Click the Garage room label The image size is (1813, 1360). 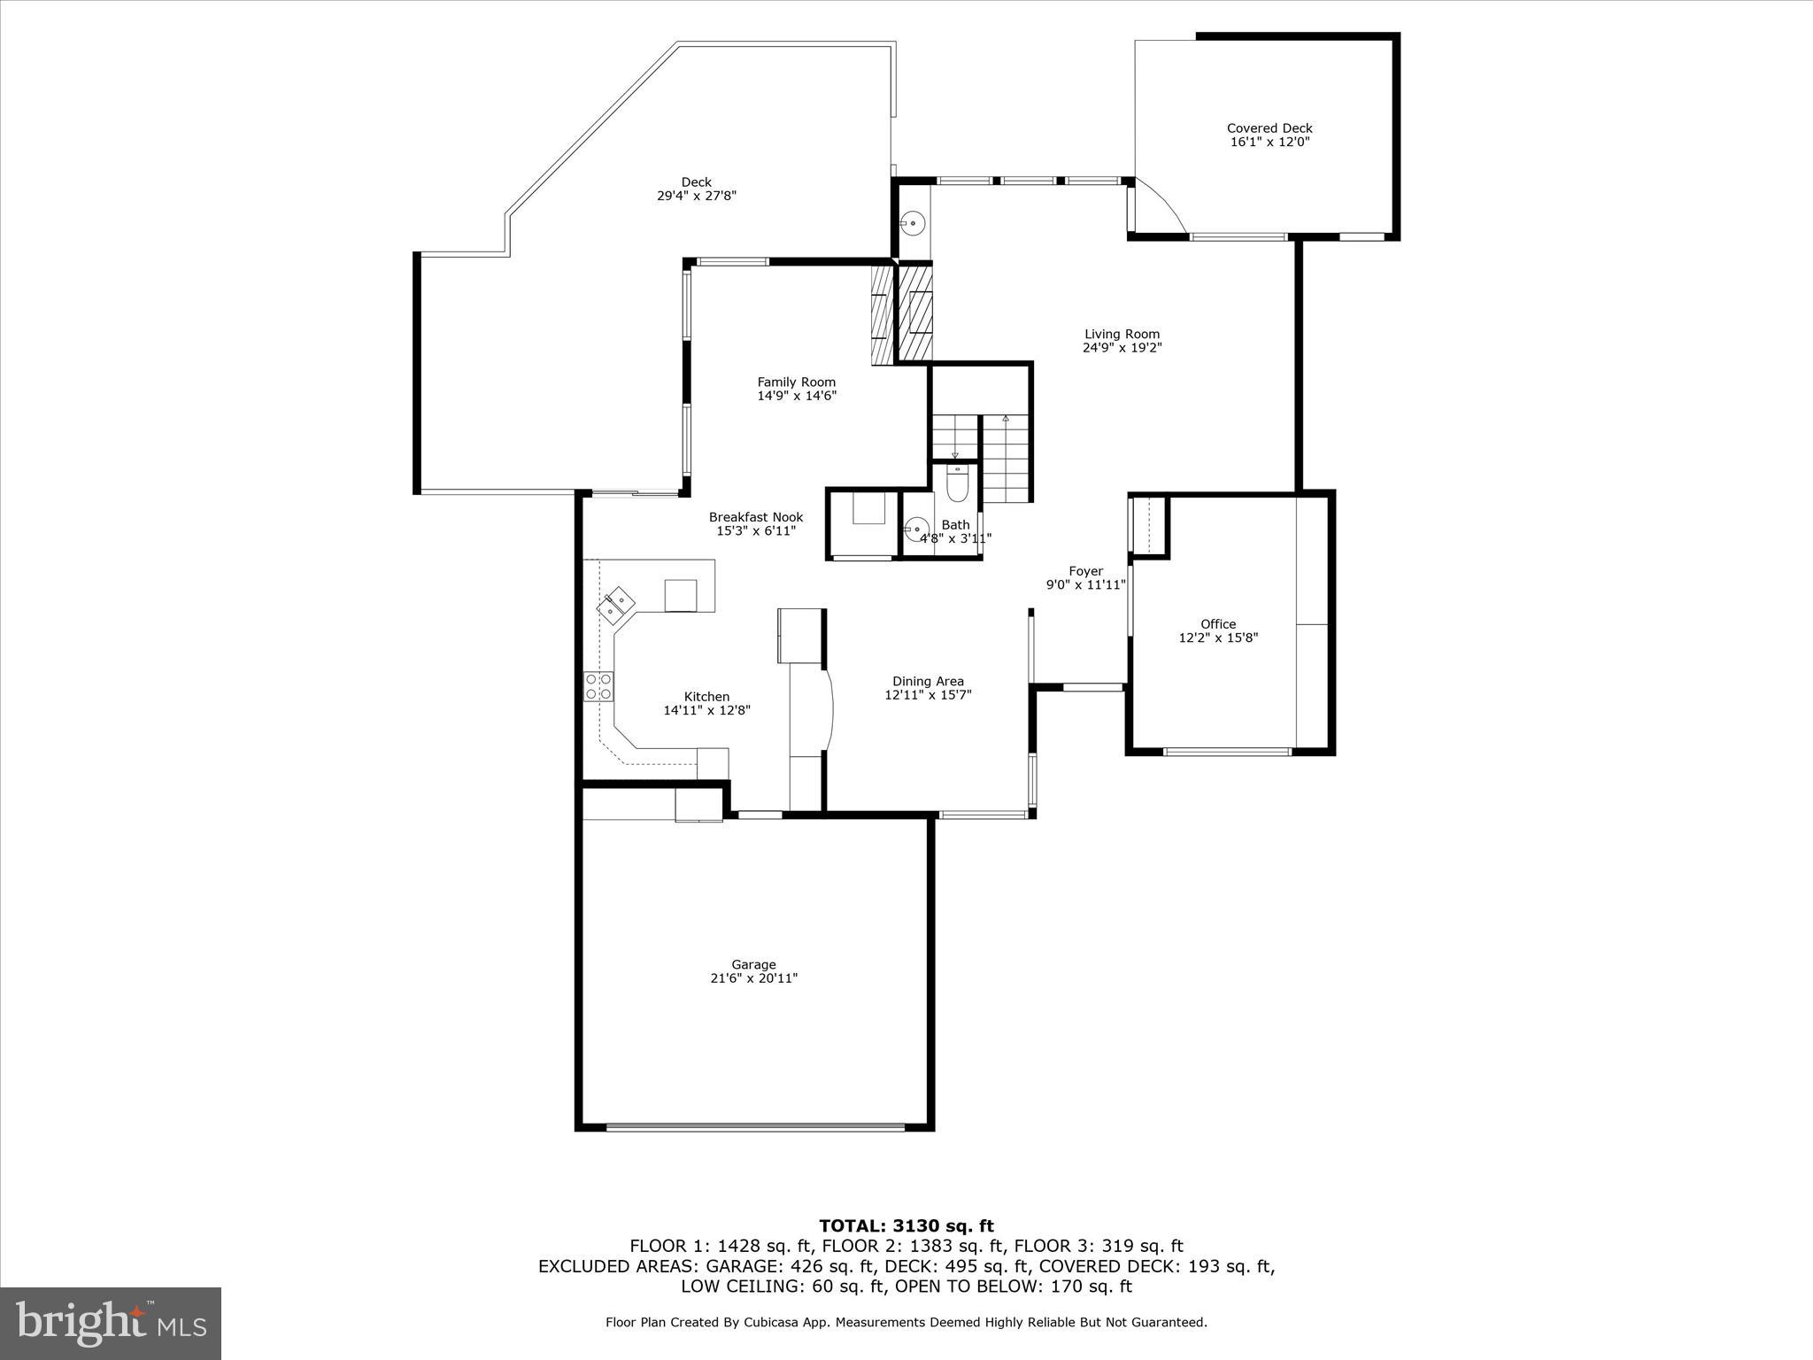click(x=753, y=964)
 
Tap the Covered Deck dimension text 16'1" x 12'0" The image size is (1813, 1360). click(x=1269, y=142)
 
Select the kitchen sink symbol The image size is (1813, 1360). click(x=617, y=606)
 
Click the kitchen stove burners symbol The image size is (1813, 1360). click(x=598, y=687)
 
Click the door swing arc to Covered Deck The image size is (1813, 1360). click(x=1167, y=206)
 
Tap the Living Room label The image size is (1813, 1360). click(x=1122, y=334)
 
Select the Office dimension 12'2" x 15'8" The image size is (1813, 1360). click(x=1218, y=637)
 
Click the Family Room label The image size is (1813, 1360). click(x=796, y=382)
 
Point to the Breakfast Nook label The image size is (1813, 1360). click(x=755, y=517)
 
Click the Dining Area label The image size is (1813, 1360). click(x=928, y=681)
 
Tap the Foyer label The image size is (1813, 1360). click(x=1085, y=571)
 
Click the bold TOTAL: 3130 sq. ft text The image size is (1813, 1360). click(x=906, y=1226)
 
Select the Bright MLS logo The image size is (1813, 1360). click(x=111, y=1324)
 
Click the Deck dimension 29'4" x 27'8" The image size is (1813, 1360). click(x=696, y=196)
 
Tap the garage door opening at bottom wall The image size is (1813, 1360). click(x=755, y=1127)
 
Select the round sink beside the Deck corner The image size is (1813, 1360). click(x=912, y=223)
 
